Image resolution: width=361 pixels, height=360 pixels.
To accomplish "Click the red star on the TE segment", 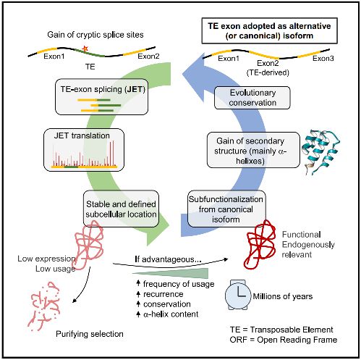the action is point(85,49).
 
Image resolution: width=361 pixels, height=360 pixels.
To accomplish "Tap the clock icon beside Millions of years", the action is point(238,296).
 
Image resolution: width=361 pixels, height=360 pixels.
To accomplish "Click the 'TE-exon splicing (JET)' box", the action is point(101,96).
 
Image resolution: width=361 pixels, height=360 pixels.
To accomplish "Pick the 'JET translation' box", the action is point(84,150).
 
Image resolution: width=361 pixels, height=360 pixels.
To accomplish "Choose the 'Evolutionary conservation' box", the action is point(252,98).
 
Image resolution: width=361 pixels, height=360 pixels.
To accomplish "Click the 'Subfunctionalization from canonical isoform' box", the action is point(226,209).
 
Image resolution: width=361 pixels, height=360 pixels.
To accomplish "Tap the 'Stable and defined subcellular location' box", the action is point(121,209).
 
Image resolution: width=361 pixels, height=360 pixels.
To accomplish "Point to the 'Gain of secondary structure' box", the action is point(253,150).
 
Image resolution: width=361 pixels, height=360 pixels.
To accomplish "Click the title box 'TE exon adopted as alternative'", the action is point(269,30).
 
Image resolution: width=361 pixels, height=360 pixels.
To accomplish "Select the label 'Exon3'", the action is point(323,59).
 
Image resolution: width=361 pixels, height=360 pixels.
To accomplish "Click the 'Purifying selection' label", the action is point(90,334).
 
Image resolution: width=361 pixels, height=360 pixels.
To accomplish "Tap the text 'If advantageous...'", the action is point(168,259).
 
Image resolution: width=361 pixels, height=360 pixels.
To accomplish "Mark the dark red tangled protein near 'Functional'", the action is point(261,244).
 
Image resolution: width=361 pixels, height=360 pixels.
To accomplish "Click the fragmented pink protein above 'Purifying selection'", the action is point(44,306).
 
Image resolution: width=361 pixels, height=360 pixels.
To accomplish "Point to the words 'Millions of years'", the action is point(283,296).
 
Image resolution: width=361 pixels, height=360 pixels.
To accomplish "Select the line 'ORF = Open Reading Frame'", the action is point(284,340).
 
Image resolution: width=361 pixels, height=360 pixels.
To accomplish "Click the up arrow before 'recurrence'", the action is point(138,294).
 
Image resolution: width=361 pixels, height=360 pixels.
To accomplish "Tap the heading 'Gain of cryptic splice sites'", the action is point(95,35).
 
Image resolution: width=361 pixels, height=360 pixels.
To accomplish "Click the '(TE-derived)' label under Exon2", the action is point(268,72).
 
